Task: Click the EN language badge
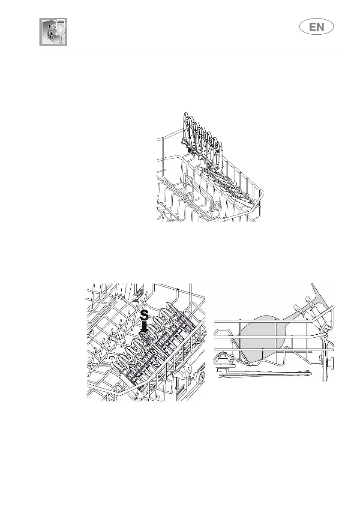tap(317, 28)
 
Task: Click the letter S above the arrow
tap(145, 316)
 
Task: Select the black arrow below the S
tap(145, 328)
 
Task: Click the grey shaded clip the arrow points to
tap(146, 338)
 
